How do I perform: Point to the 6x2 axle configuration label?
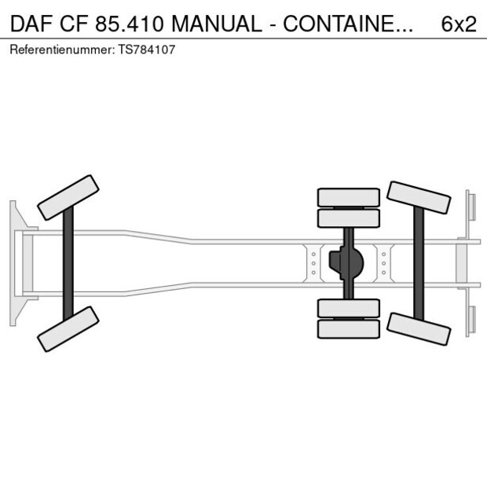[x=458, y=24]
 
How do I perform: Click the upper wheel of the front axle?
[x=68, y=197]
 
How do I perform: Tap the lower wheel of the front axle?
[x=68, y=329]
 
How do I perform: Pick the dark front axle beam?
[x=68, y=263]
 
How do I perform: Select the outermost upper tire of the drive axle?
[x=348, y=196]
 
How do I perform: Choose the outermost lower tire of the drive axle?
[x=348, y=330]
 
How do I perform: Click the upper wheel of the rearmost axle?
[x=419, y=197]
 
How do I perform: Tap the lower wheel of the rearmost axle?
[x=419, y=328]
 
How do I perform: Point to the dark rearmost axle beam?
[x=419, y=263]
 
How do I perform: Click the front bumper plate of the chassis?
[x=13, y=263]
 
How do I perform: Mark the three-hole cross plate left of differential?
[x=313, y=263]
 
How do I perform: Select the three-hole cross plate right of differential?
[x=383, y=263]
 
